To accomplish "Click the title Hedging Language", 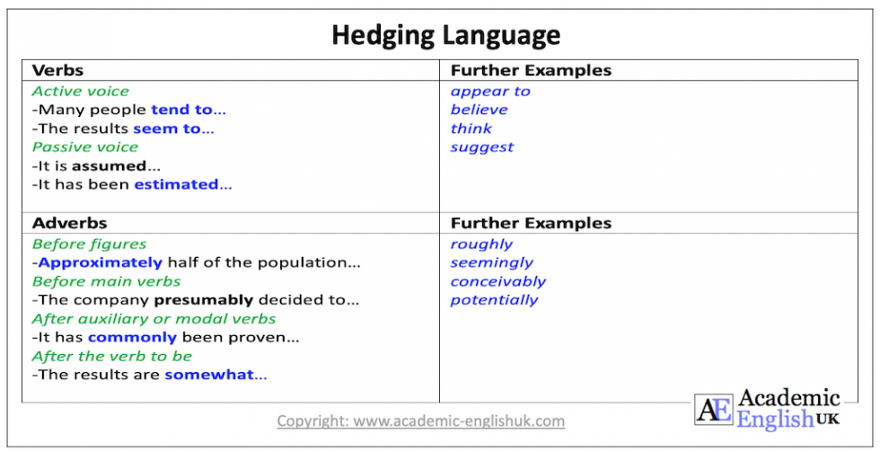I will coord(445,35).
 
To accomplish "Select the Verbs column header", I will coord(57,70).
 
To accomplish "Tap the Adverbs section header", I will coord(69,223).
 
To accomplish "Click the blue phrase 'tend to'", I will coord(182,110).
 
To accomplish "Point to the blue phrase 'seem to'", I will coord(167,129).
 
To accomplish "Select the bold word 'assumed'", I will coord(109,166).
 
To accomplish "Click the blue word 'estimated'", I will coord(176,184).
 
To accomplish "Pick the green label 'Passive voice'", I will coord(85,147).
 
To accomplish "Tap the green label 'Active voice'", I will coord(81,91).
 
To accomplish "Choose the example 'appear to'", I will coord(490,91).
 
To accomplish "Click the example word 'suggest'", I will coord(482,147).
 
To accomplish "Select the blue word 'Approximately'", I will coord(101,262).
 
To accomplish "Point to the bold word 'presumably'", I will coord(204,300).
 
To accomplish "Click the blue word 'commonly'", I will coord(132,338).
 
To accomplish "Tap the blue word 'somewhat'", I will coord(209,375).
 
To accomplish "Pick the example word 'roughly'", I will coord(481,244).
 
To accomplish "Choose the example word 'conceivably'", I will coord(498,281).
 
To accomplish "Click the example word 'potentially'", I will coord(494,300).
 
